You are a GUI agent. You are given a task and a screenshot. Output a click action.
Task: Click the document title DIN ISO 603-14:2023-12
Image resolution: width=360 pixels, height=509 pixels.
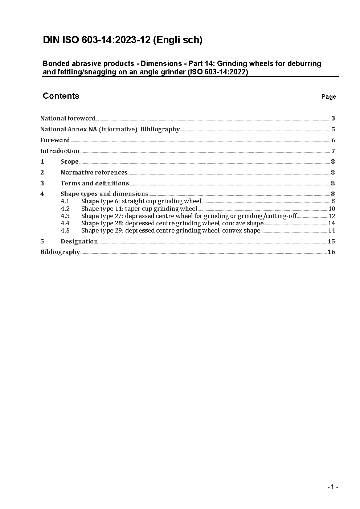(x=122, y=40)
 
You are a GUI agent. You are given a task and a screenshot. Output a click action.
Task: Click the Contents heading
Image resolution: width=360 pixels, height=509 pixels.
(x=61, y=96)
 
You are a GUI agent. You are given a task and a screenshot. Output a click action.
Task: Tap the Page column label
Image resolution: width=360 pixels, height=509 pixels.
(x=328, y=97)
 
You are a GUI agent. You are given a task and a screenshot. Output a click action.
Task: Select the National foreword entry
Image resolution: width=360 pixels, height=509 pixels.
(x=68, y=118)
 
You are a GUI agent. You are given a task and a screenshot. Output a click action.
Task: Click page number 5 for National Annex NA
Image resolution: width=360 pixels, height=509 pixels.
(x=333, y=129)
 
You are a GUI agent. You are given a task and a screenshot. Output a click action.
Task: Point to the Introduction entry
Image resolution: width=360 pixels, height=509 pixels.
(x=60, y=151)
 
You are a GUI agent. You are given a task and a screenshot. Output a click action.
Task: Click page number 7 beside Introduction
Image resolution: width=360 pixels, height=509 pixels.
(x=333, y=151)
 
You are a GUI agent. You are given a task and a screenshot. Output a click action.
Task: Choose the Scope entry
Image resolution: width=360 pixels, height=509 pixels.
(x=70, y=161)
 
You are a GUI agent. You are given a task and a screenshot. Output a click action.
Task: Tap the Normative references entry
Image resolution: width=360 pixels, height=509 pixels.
(x=94, y=172)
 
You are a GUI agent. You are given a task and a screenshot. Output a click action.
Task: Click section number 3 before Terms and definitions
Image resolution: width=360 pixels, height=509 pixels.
(x=42, y=183)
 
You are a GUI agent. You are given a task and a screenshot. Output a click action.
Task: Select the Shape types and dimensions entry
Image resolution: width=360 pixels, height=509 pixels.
(x=104, y=194)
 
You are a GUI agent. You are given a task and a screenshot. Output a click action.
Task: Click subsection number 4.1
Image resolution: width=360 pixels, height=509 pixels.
(x=65, y=201)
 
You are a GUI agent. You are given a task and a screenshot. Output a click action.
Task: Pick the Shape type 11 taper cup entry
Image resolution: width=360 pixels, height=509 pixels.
(x=139, y=209)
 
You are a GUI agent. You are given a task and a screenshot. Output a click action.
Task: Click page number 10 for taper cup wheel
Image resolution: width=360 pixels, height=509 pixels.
(x=332, y=209)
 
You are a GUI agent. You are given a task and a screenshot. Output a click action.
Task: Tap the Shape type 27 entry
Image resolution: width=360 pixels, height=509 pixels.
(x=189, y=216)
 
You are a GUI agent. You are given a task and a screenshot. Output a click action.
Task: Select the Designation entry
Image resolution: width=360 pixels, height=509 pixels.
(x=79, y=241)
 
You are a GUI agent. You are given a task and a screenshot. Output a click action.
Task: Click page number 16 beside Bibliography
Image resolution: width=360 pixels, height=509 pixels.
(x=331, y=252)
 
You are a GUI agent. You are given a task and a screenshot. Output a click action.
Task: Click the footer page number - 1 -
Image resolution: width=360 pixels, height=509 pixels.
(x=332, y=487)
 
